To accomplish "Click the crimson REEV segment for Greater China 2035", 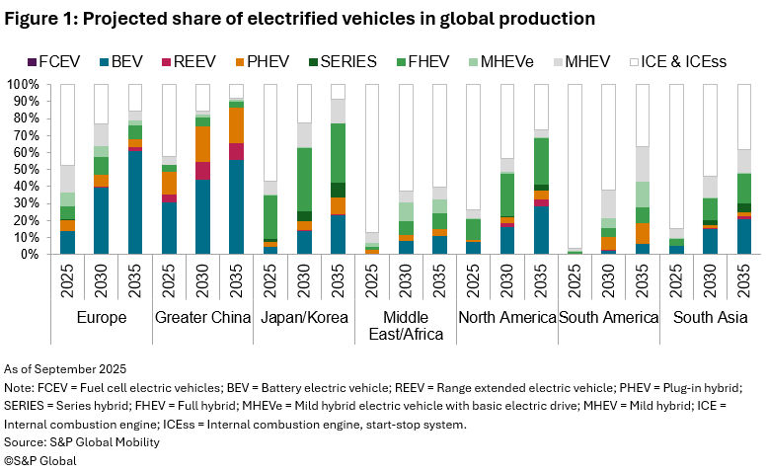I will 236,151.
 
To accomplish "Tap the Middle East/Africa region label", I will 405,326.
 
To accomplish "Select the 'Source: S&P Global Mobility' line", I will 83,442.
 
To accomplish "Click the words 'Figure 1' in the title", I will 46,18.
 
